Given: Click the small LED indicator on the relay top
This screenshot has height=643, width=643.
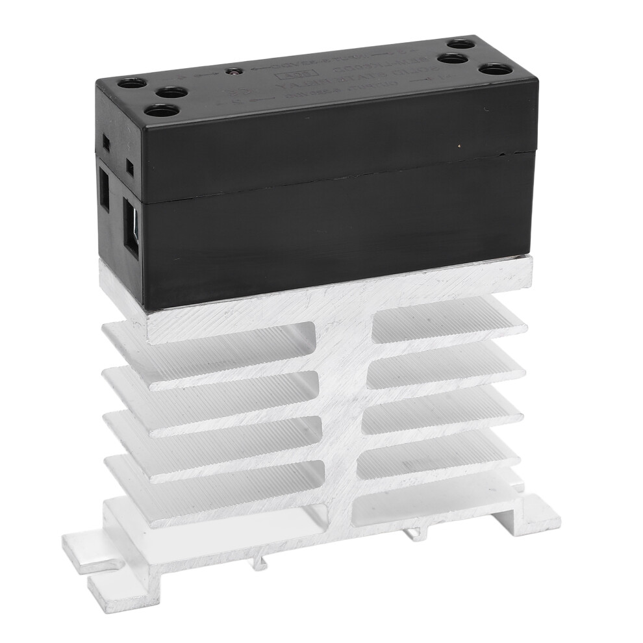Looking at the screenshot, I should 230,71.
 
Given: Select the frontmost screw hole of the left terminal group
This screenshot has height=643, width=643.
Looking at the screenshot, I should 154,111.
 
